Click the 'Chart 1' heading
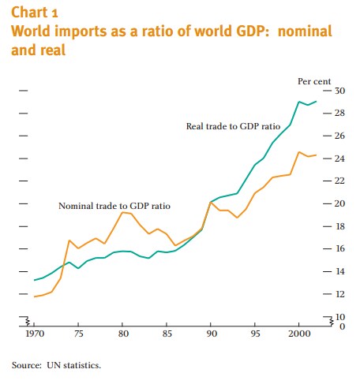pos(34,13)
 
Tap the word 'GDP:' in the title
pos(253,31)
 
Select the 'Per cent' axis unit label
pos(314,81)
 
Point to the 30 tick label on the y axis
pos(339,91)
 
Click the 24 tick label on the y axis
pos(339,158)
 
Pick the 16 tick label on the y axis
pos(339,248)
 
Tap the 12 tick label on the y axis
pos(339,294)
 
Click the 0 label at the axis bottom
pos(342,326)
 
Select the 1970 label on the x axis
pos(35,334)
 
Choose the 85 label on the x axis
pos(167,334)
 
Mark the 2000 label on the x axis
pos(299,334)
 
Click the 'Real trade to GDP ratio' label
pos(233,126)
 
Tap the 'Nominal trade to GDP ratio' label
pos(114,206)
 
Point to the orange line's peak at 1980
pos(122,212)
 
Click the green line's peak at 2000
pos(299,102)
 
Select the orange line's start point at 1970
pos(35,296)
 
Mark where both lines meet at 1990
pos(211,202)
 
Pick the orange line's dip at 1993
pos(237,218)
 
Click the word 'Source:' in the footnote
pos(27,366)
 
